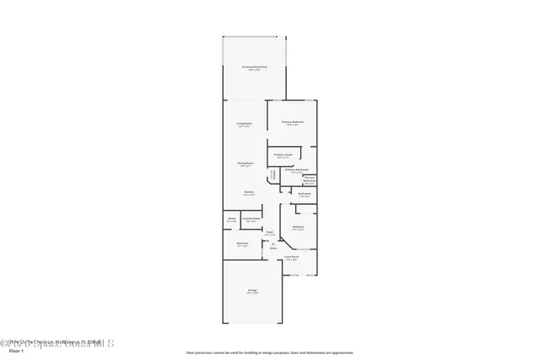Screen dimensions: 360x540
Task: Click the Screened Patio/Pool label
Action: (x=253, y=66)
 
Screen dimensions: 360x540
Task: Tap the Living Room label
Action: (x=245, y=124)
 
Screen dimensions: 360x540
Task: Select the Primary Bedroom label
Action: (x=293, y=122)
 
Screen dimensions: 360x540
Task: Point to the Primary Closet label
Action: (x=283, y=155)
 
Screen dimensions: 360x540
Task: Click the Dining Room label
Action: (x=246, y=163)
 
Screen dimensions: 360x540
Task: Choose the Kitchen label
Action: (x=250, y=192)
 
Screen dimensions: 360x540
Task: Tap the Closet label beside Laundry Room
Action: (x=231, y=218)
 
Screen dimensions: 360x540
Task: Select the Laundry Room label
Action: (x=250, y=218)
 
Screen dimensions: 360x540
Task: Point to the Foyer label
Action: (x=270, y=232)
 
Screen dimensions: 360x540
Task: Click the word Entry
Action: (x=273, y=249)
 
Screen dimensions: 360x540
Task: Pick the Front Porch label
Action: (x=292, y=256)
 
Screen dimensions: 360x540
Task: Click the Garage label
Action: (x=252, y=291)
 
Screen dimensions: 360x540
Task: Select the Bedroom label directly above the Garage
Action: (x=242, y=243)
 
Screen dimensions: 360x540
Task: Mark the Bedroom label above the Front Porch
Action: (x=298, y=226)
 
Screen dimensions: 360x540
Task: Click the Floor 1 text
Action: (x=15, y=352)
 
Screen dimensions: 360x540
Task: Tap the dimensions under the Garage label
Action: (x=252, y=294)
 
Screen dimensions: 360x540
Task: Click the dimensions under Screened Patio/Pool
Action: (x=253, y=70)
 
